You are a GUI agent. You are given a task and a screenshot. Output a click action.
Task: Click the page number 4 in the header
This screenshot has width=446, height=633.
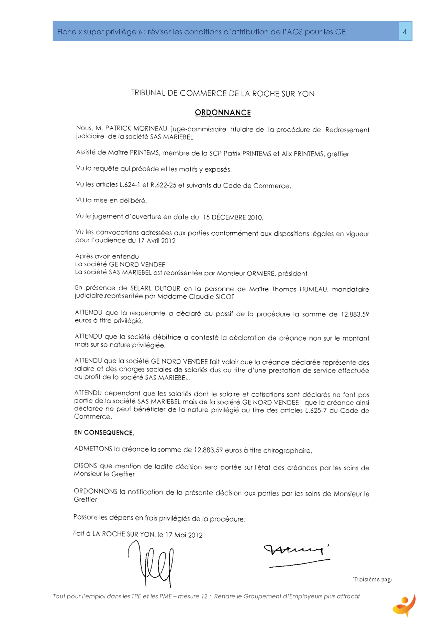pos(405,32)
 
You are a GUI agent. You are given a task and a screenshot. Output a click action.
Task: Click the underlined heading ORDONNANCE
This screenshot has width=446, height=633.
pos(223,112)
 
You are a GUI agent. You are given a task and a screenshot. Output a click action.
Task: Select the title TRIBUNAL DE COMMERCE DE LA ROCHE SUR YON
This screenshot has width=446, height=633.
pos(223,93)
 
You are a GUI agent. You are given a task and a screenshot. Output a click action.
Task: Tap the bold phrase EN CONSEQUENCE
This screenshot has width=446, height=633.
pos(104,433)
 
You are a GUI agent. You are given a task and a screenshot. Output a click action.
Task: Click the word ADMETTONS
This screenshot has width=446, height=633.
pos(93,449)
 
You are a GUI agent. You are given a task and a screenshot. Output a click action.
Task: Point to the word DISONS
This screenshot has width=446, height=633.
pos(85,466)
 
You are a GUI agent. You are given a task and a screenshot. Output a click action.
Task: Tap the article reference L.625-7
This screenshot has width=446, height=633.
pos(315,410)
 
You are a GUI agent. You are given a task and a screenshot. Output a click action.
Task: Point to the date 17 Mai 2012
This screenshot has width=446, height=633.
pos(184,535)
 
